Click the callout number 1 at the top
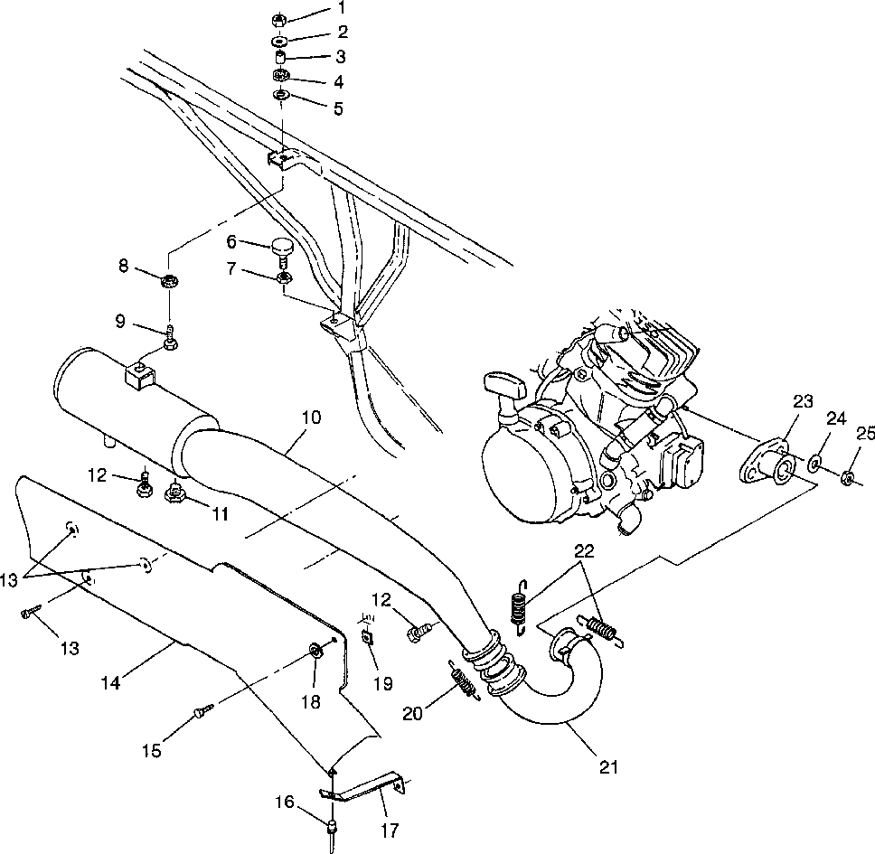point(315,8)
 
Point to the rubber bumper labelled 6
point(283,247)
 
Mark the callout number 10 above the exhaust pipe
point(311,418)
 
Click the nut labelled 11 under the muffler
point(175,493)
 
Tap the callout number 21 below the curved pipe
point(608,767)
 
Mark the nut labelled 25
point(848,477)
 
